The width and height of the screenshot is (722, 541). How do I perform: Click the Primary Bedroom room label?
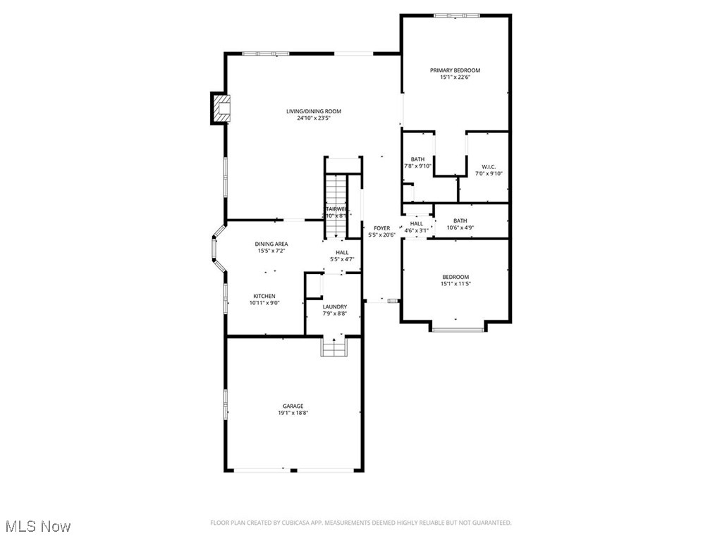(x=455, y=70)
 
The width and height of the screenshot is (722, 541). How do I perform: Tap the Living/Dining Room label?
(x=314, y=111)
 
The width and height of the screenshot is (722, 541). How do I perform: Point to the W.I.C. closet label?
(x=489, y=167)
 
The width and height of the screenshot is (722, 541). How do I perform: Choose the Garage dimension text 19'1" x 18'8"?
(x=293, y=413)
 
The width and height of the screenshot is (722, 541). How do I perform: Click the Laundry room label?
(x=334, y=307)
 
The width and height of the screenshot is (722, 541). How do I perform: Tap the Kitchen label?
(x=264, y=296)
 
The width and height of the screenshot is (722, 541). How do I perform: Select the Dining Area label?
(x=271, y=244)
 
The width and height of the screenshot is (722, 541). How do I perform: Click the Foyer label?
(x=381, y=228)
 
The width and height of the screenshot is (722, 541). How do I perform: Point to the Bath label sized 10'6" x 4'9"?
(x=460, y=221)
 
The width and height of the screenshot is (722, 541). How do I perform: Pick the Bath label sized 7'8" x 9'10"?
(x=418, y=159)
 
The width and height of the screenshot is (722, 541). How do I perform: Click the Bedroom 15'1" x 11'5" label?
(x=455, y=277)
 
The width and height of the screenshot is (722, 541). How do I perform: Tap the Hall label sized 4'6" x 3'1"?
(x=417, y=223)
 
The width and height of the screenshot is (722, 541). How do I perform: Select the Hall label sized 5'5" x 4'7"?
(x=342, y=252)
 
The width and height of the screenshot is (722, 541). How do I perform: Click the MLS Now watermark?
(x=37, y=526)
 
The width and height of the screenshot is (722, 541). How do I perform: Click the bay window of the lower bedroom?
(x=458, y=326)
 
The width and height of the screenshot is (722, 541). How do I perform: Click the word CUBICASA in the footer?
(x=300, y=523)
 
